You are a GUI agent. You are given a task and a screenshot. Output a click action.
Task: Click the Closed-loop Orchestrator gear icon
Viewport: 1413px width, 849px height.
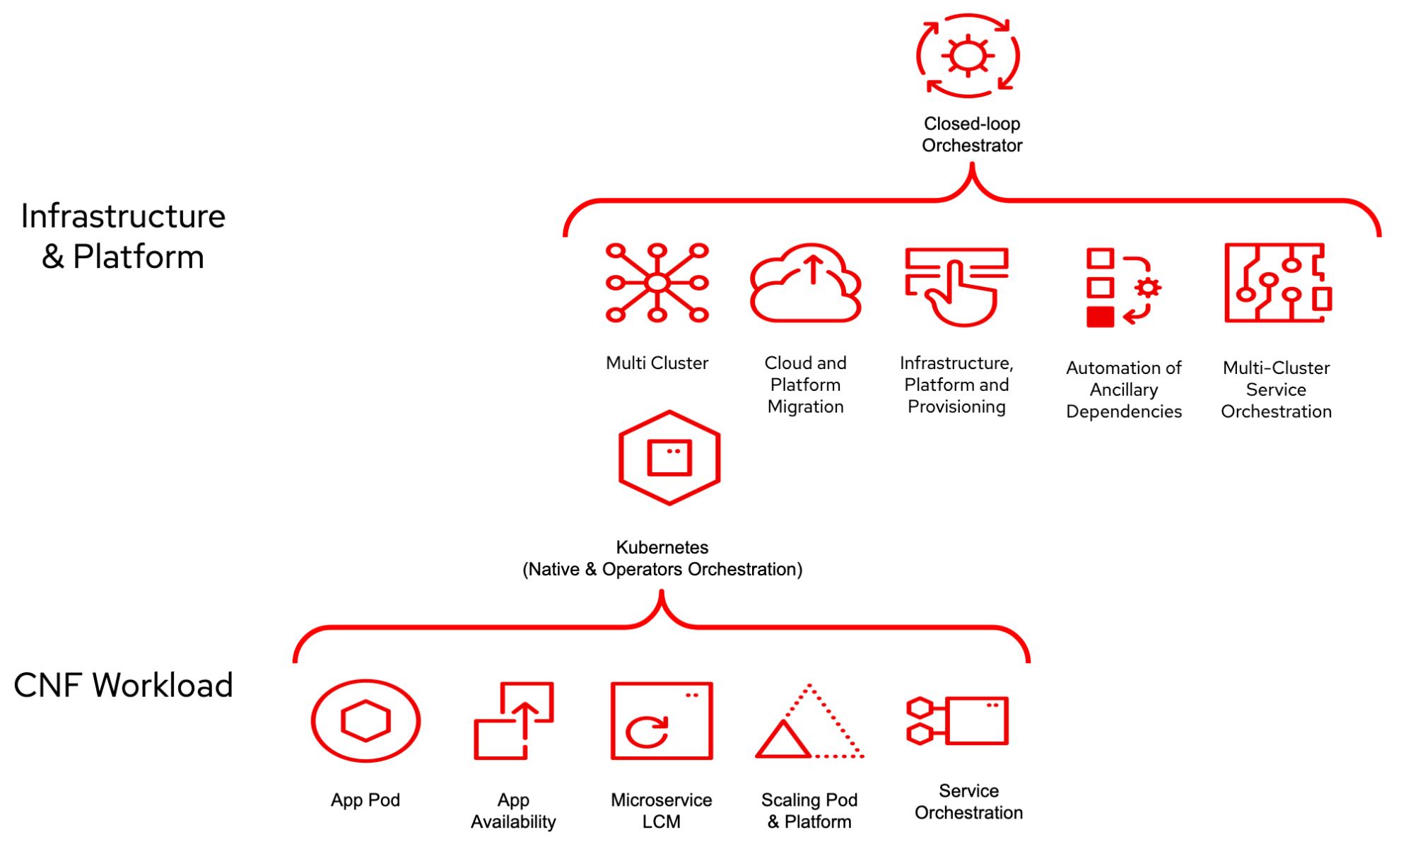point(968,56)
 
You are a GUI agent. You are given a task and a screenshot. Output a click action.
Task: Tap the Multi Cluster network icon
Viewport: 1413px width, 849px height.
point(657,283)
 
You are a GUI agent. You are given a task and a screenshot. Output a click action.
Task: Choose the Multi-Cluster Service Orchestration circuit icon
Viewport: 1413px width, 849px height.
point(1277,283)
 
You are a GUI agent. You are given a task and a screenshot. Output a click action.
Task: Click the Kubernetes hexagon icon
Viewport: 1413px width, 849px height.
point(669,457)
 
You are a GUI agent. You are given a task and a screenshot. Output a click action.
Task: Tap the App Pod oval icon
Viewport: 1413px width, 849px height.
point(365,720)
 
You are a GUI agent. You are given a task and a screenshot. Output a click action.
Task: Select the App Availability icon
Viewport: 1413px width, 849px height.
point(513,720)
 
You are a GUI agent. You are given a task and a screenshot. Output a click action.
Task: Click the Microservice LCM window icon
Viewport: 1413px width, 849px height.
point(662,720)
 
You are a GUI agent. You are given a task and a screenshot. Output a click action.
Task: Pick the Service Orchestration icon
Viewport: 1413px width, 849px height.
point(957,720)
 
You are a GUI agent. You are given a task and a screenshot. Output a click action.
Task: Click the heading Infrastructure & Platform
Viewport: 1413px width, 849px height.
point(123,236)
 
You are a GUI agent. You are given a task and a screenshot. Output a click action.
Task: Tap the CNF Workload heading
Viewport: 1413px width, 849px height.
point(123,685)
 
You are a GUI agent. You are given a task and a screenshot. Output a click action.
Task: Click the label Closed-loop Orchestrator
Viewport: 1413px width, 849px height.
point(972,134)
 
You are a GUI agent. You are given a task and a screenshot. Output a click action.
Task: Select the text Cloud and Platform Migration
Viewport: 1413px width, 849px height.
point(805,385)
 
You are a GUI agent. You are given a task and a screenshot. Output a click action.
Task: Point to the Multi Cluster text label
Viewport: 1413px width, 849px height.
point(657,363)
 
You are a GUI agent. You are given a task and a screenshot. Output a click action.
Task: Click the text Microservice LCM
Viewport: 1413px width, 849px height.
point(661,810)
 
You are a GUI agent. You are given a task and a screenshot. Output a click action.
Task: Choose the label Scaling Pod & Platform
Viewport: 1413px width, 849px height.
point(809,810)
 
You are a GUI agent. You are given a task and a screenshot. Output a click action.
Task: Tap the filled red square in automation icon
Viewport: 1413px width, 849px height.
point(1100,317)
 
